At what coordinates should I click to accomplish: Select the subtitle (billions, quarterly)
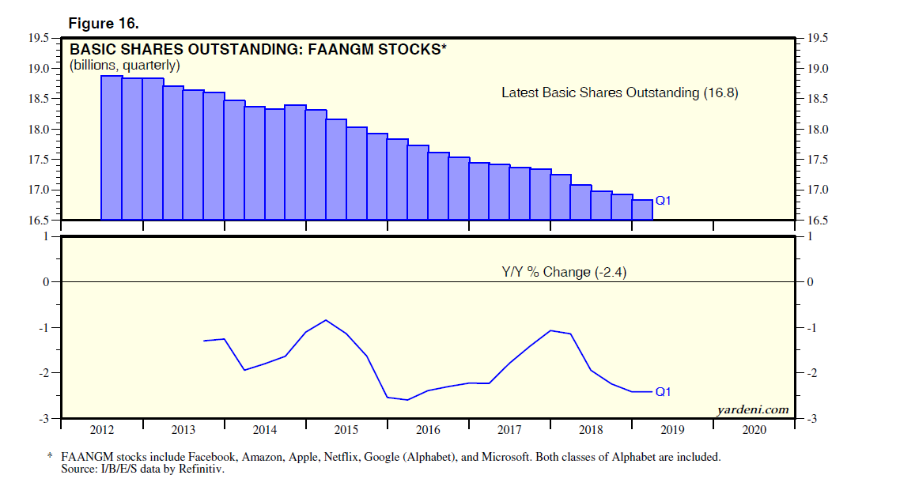(125, 65)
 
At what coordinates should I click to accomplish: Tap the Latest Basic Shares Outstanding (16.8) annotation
(619, 92)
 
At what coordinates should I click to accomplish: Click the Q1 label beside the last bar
(663, 201)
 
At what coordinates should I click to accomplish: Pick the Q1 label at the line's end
(663, 391)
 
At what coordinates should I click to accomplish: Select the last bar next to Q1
(642, 209)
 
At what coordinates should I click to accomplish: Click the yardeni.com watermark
(752, 409)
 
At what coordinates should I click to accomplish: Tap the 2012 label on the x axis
(102, 431)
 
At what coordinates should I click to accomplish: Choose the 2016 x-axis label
(428, 431)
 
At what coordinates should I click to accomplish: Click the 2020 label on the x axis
(754, 431)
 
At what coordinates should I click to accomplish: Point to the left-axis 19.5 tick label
(38, 38)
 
